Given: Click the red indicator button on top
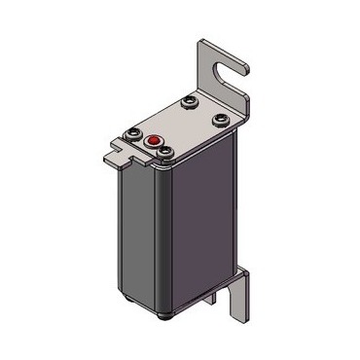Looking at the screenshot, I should click(x=152, y=141).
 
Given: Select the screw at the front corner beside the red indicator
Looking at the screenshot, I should click(x=167, y=152).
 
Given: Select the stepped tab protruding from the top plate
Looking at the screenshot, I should click(x=116, y=148).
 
